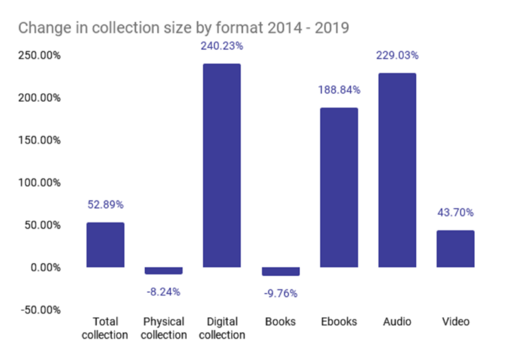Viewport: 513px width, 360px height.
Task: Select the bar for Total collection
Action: [105, 244]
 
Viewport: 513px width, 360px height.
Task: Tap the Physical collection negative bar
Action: [163, 271]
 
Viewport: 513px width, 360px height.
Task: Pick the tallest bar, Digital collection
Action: [222, 165]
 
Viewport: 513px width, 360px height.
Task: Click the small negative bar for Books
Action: [281, 271]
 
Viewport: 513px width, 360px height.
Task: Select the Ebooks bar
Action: [339, 187]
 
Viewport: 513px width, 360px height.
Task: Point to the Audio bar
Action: [397, 170]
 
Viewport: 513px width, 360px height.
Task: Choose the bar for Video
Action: [456, 248]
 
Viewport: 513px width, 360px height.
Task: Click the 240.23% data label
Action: [222, 47]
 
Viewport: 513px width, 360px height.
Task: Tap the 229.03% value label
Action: [397, 56]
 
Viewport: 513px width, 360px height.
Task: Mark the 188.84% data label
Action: [339, 89]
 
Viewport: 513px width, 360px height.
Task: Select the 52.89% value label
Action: [105, 204]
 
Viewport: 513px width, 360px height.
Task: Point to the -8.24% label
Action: [163, 291]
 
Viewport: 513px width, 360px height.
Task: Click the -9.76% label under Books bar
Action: [281, 293]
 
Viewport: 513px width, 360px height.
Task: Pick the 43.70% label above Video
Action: [456, 212]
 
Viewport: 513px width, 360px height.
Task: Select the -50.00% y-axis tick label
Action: [39, 310]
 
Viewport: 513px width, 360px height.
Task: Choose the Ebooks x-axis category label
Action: [339, 322]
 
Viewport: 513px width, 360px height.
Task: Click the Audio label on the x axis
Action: [397, 322]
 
